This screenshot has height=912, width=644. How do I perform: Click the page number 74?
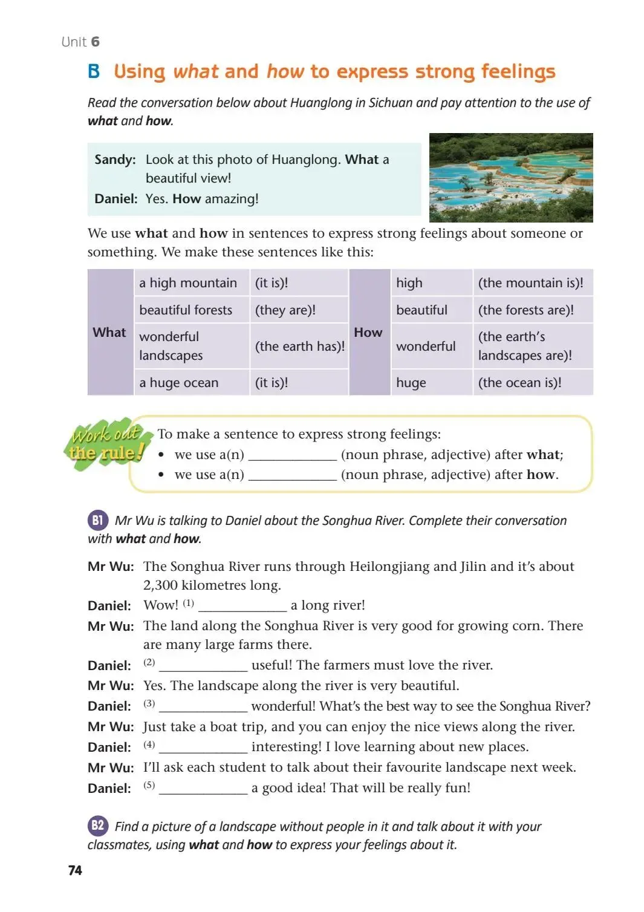click(x=75, y=870)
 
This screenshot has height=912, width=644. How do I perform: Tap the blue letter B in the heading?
click(x=94, y=71)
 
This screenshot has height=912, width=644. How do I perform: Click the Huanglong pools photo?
click(x=510, y=177)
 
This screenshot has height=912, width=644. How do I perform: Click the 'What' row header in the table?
click(x=109, y=332)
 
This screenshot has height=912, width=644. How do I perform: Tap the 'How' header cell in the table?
click(x=368, y=332)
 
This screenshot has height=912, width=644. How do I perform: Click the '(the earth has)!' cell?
click(x=299, y=346)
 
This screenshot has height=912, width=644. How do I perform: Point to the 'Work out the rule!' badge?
click(x=106, y=443)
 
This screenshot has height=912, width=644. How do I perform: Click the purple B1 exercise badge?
click(x=97, y=520)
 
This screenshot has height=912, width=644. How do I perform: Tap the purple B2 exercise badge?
click(x=97, y=826)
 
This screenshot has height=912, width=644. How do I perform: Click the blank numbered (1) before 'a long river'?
click(x=242, y=606)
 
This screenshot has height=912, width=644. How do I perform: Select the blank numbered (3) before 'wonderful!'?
click(x=203, y=707)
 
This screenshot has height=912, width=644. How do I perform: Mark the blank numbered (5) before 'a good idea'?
click(x=203, y=789)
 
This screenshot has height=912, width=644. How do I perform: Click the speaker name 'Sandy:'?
click(x=115, y=160)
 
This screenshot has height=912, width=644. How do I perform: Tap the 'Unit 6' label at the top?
click(x=80, y=42)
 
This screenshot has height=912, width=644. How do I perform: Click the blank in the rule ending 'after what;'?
click(x=292, y=455)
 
